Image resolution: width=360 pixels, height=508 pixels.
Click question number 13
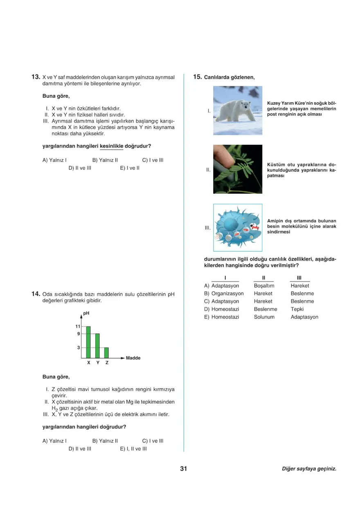tap(36, 77)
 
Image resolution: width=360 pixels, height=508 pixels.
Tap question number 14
tap(36, 294)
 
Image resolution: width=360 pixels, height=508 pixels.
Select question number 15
tap(197, 77)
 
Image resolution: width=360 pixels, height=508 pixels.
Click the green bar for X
tap(88, 342)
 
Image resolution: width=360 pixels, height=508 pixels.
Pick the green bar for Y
tap(97, 346)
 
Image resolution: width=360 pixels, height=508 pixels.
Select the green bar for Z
tap(106, 353)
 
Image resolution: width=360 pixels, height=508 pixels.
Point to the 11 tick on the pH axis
tap(78, 326)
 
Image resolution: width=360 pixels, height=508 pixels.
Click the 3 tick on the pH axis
tap(79, 348)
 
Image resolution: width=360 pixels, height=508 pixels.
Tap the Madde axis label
tap(133, 358)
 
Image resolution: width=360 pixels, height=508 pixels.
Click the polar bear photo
tap(238, 110)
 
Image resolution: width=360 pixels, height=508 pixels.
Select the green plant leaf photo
tap(238, 169)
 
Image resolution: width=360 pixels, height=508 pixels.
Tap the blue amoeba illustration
tap(238, 227)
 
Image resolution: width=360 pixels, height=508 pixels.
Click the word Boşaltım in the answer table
tap(264, 286)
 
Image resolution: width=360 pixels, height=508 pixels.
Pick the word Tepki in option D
tap(297, 309)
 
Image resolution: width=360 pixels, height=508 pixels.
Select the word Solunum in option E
tap(264, 317)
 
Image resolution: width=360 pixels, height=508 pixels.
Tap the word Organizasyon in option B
tap(227, 294)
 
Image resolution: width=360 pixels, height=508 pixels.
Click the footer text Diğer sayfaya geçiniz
tap(309, 469)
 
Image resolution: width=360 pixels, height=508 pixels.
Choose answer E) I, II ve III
tap(133, 449)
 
